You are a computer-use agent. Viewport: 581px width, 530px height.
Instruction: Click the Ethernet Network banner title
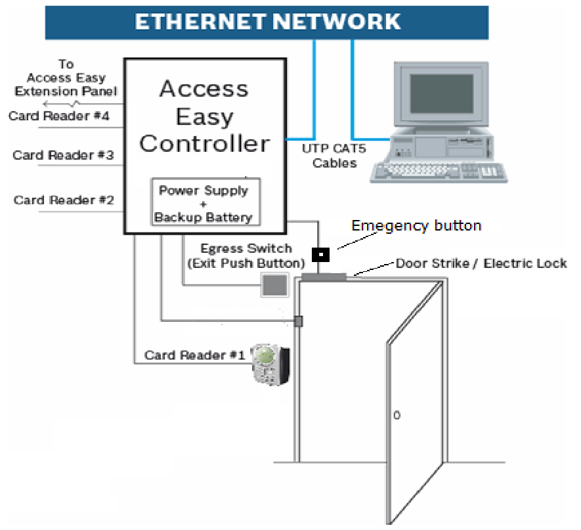tap(267, 21)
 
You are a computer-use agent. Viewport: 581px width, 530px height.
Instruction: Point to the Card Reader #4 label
tap(59, 116)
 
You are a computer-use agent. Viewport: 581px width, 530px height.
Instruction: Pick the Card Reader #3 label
tap(63, 156)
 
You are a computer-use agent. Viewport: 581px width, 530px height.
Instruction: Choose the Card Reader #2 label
tap(64, 200)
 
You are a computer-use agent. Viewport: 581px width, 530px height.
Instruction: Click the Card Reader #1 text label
tap(194, 355)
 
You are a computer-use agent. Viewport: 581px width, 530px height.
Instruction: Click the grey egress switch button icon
tap(274, 285)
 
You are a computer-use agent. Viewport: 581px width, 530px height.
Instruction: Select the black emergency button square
tap(320, 254)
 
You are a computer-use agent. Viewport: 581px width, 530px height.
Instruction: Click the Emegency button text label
tap(416, 226)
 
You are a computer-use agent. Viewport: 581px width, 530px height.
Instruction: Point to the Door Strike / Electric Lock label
tap(481, 263)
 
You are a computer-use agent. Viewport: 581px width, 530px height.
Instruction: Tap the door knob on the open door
tap(396, 416)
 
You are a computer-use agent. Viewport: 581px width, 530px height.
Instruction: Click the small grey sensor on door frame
tap(298, 321)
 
